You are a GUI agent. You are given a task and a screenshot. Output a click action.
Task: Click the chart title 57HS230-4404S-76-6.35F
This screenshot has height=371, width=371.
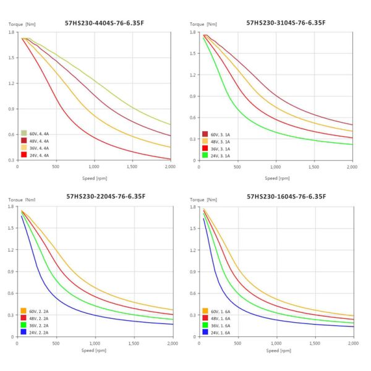tap(106, 23)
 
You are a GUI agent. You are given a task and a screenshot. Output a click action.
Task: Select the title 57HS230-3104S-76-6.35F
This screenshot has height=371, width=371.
tap(286, 23)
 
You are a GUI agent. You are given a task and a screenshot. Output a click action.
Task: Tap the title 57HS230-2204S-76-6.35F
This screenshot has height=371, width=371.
tap(106, 196)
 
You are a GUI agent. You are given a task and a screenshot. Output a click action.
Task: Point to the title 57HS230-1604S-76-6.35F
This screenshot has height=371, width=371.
tap(286, 196)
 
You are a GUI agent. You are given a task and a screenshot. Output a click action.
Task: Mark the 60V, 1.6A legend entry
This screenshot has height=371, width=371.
tap(216, 310)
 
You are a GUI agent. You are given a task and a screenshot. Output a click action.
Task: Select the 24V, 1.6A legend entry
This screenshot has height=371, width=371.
tap(216, 332)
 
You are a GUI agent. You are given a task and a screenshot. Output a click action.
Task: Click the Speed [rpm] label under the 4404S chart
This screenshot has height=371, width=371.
tap(95, 178)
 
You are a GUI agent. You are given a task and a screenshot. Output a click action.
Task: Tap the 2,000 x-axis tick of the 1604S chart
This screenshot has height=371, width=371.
tap(351, 343)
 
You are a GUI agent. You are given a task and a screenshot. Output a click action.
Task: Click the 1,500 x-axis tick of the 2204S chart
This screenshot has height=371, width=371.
tap(133, 343)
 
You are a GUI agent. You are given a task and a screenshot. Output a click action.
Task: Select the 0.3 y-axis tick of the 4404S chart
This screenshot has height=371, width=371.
tap(12, 160)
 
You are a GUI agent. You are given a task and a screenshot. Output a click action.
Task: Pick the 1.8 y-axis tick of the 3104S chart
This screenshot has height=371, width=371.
tap(193, 32)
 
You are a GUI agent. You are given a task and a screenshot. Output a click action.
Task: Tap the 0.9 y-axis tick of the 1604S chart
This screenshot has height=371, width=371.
tap(193, 271)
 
